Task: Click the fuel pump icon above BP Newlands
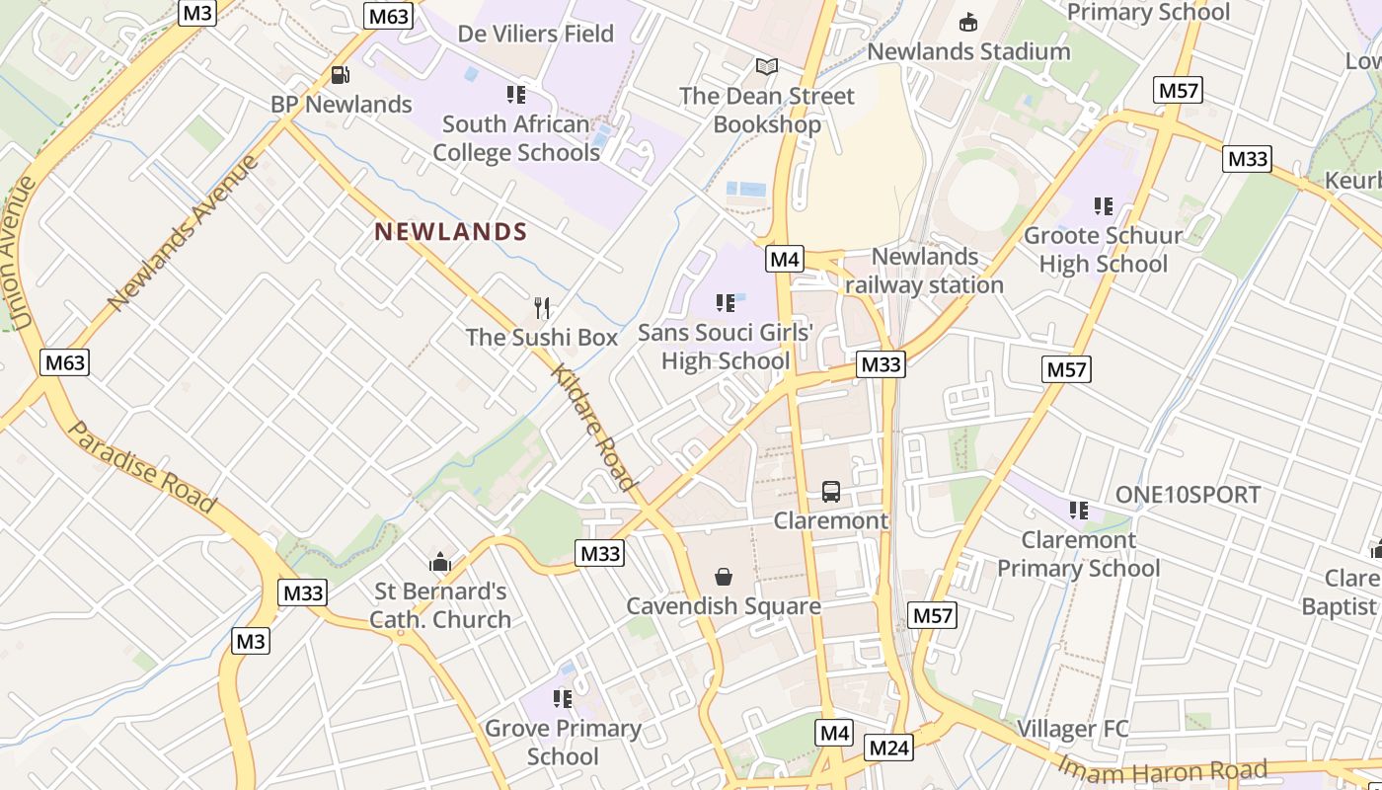341,75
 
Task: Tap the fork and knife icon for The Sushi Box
541,308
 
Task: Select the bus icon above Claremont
831,492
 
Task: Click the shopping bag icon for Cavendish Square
724,577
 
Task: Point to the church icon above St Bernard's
440,563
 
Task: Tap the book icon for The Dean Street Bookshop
767,67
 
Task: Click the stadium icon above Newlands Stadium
968,22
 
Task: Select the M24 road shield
888,748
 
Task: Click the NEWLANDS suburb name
451,232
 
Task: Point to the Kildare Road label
592,427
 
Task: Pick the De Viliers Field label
536,34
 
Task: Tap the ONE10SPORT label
1188,495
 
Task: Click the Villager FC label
1071,729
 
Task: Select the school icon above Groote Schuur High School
1104,206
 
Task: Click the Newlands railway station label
925,271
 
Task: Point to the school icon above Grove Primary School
563,699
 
